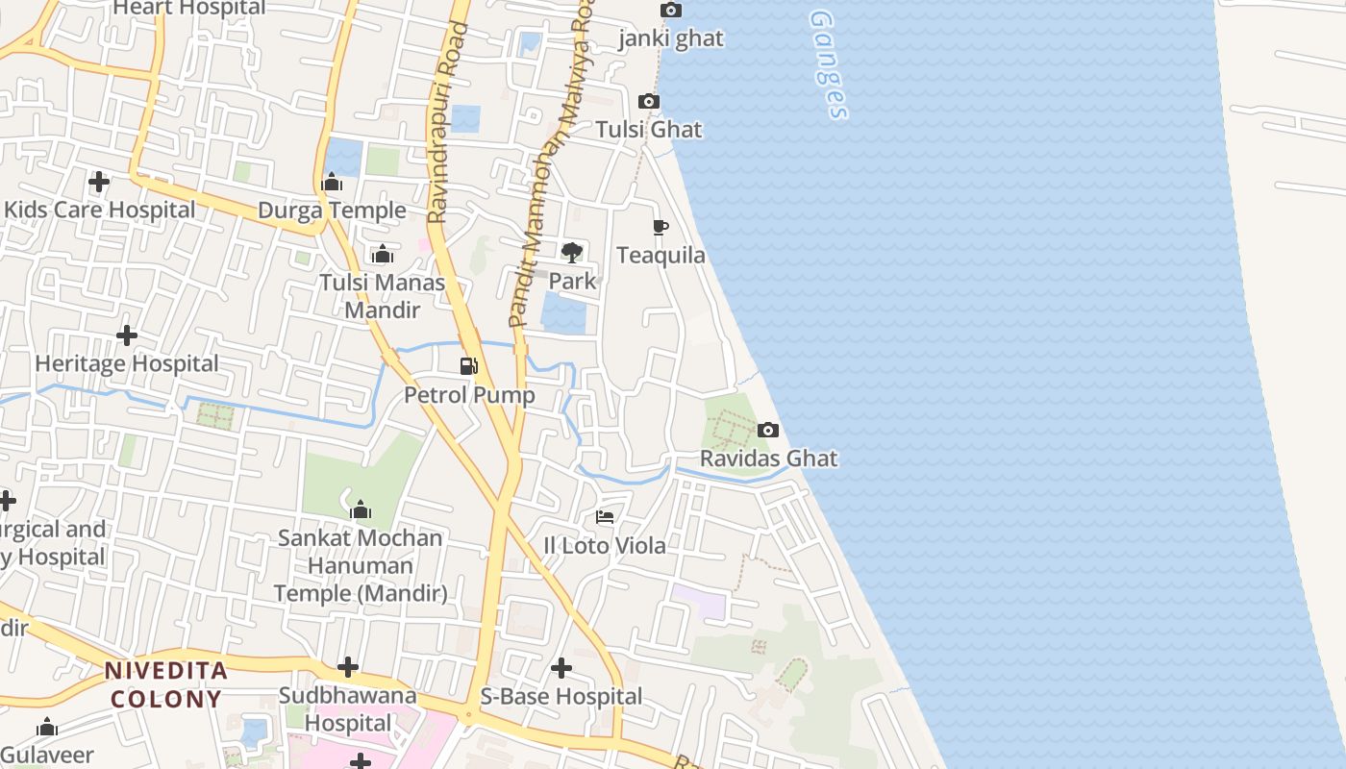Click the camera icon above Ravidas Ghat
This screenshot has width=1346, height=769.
click(767, 430)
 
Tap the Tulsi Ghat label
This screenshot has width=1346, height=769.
click(649, 130)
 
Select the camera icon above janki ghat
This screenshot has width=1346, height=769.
click(671, 11)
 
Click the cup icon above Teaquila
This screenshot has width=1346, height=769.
click(661, 228)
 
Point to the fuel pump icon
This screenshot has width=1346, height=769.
click(469, 365)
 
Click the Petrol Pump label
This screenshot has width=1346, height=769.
click(469, 395)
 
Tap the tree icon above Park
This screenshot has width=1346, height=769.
click(572, 253)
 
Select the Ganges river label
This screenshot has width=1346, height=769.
click(829, 65)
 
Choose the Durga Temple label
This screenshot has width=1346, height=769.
click(332, 211)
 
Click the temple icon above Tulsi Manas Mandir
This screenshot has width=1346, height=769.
click(383, 255)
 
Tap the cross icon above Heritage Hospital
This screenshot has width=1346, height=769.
click(126, 335)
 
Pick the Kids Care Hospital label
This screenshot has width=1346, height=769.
click(99, 210)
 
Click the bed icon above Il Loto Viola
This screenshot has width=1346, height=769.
click(605, 517)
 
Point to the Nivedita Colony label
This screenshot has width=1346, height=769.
click(165, 684)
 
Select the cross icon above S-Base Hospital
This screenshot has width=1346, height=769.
click(561, 667)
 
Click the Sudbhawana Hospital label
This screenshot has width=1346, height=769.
click(347, 708)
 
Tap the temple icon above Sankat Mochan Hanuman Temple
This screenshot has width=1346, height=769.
click(361, 509)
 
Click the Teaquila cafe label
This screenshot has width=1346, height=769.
click(661, 256)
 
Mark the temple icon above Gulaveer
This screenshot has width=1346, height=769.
click(46, 728)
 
